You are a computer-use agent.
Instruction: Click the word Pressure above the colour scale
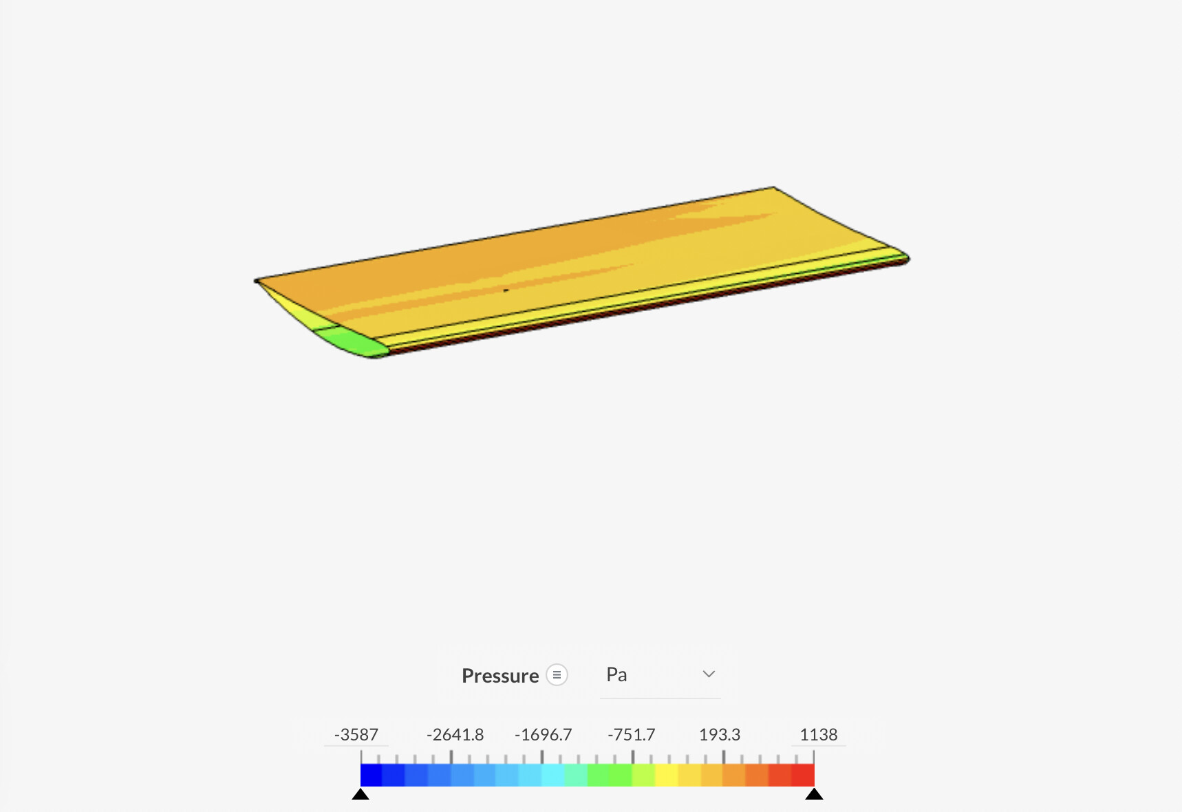pyautogui.click(x=500, y=676)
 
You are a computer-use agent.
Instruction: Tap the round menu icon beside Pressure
pyautogui.click(x=557, y=675)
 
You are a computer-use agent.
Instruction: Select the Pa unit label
pyautogui.click(x=616, y=674)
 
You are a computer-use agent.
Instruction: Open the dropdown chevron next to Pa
pyautogui.click(x=709, y=674)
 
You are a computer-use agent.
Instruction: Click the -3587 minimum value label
pyautogui.click(x=356, y=735)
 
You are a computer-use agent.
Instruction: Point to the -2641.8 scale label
pyautogui.click(x=455, y=735)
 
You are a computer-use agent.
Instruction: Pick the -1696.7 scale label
pyautogui.click(x=543, y=735)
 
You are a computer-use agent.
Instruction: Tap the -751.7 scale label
pyautogui.click(x=631, y=735)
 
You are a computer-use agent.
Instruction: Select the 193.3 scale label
pyautogui.click(x=720, y=735)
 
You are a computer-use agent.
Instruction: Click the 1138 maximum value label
pyautogui.click(x=819, y=735)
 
